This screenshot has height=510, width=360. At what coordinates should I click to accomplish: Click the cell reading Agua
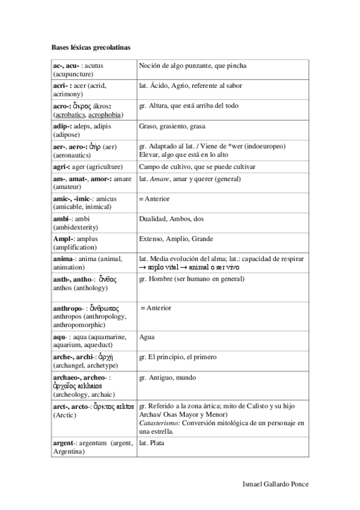pos(147,337)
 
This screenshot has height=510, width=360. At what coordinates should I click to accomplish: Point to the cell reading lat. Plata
pos(152,444)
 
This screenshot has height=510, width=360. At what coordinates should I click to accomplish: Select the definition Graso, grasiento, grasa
pos(172,127)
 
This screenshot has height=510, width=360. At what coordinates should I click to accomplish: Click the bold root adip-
pos(63,126)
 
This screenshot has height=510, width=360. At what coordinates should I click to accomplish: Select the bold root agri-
pos(62,166)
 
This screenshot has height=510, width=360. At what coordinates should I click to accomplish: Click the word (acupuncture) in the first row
pos(73,74)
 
